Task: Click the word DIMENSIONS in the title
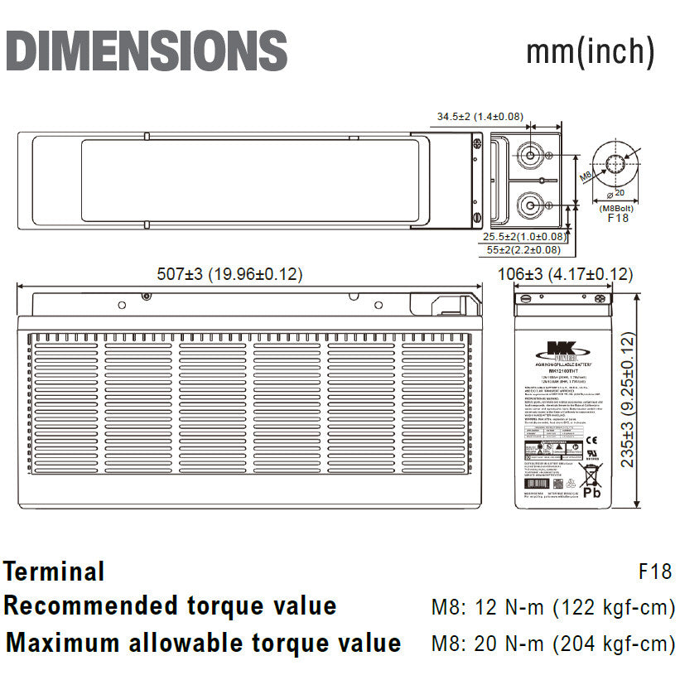(147, 51)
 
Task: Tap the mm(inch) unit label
(591, 51)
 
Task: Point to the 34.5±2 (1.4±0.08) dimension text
(480, 117)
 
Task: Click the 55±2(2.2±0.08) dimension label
(523, 249)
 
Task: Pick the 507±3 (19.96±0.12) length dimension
(230, 274)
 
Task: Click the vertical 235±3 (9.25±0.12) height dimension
(628, 399)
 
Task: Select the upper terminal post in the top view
(528, 155)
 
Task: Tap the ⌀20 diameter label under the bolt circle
(616, 193)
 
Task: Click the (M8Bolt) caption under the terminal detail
(617, 208)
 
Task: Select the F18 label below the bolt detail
(618, 219)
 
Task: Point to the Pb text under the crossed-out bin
(591, 492)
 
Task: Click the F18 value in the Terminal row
(655, 571)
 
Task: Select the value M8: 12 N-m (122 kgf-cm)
(552, 608)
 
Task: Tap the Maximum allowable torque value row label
(203, 644)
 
